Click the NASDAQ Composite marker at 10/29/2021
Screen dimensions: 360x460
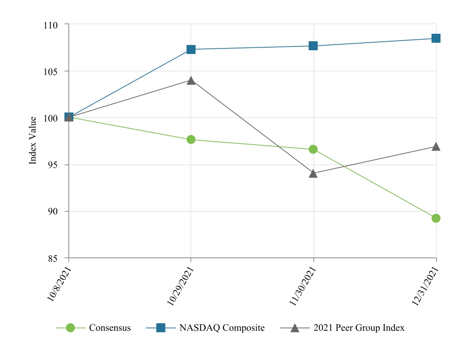pyautogui.click(x=191, y=49)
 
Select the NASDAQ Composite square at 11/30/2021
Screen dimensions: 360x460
pyautogui.click(x=313, y=46)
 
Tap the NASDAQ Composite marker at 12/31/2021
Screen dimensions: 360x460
pyautogui.click(x=436, y=38)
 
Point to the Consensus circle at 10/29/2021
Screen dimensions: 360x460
pyautogui.click(x=191, y=139)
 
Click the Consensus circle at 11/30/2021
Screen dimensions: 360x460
pyautogui.click(x=313, y=149)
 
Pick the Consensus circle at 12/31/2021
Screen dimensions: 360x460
pyautogui.click(x=436, y=218)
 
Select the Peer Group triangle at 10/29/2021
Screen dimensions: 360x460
pyautogui.click(x=191, y=81)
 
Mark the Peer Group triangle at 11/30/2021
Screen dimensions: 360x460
pyautogui.click(x=313, y=174)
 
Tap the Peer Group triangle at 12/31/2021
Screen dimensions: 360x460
pyautogui.click(x=436, y=147)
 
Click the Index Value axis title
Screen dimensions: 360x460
pyautogui.click(x=33, y=141)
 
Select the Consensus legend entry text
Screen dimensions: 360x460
pyautogui.click(x=110, y=328)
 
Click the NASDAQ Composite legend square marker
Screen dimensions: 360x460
pyautogui.click(x=161, y=328)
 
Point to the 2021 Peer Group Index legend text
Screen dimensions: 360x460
pyautogui.click(x=359, y=328)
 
